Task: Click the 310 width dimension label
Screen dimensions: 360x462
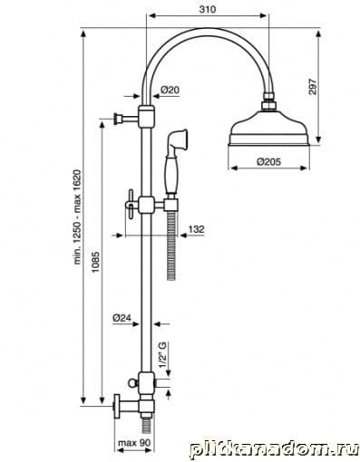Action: pyautogui.click(x=208, y=9)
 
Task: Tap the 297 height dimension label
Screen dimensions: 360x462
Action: pyautogui.click(x=313, y=87)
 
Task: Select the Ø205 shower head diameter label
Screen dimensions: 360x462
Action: pyautogui.click(x=268, y=162)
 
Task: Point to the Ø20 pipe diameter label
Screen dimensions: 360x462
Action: pyautogui.click(x=170, y=90)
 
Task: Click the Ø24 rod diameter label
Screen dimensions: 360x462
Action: pyautogui.click(x=122, y=318)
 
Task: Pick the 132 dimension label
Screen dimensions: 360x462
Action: pyautogui.click(x=197, y=229)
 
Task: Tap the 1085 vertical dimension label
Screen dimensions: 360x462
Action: pyautogui.click(x=95, y=262)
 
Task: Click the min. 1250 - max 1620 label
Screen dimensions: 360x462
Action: pyautogui.click(x=78, y=217)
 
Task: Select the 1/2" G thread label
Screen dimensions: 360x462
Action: pyautogui.click(x=163, y=354)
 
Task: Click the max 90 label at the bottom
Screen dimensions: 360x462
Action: pyautogui.click(x=134, y=443)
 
